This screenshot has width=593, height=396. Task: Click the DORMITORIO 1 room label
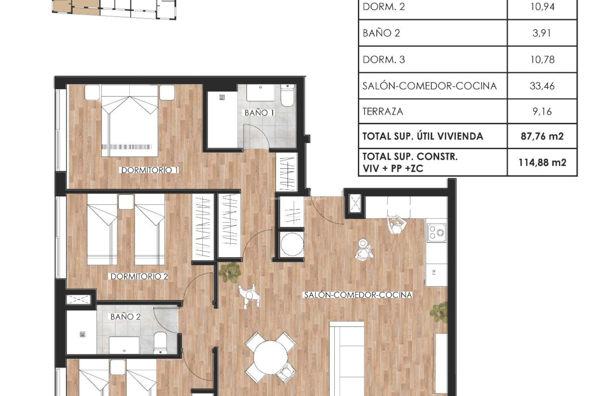click(x=149, y=170)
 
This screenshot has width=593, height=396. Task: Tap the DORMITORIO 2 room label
click(x=139, y=276)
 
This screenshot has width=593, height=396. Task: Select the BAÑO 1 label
click(x=259, y=113)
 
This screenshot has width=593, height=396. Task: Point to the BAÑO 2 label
click(x=125, y=316)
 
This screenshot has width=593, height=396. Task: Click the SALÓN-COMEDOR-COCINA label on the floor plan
click(x=358, y=295)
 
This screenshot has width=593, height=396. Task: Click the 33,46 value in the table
click(x=542, y=86)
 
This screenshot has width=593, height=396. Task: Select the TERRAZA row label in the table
click(x=383, y=111)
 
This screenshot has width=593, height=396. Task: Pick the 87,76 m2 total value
click(x=542, y=136)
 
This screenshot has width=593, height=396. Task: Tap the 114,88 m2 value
click(x=542, y=162)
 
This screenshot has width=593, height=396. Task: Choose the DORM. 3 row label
click(x=384, y=59)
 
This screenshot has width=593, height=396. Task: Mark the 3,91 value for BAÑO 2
click(x=542, y=33)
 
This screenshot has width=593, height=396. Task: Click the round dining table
click(x=271, y=358)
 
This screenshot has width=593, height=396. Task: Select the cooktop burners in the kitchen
click(x=436, y=233)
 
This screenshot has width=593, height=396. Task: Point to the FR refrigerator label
click(x=434, y=273)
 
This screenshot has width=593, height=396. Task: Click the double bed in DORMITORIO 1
click(x=129, y=124)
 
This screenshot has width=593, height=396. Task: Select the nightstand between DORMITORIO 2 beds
click(x=126, y=202)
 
